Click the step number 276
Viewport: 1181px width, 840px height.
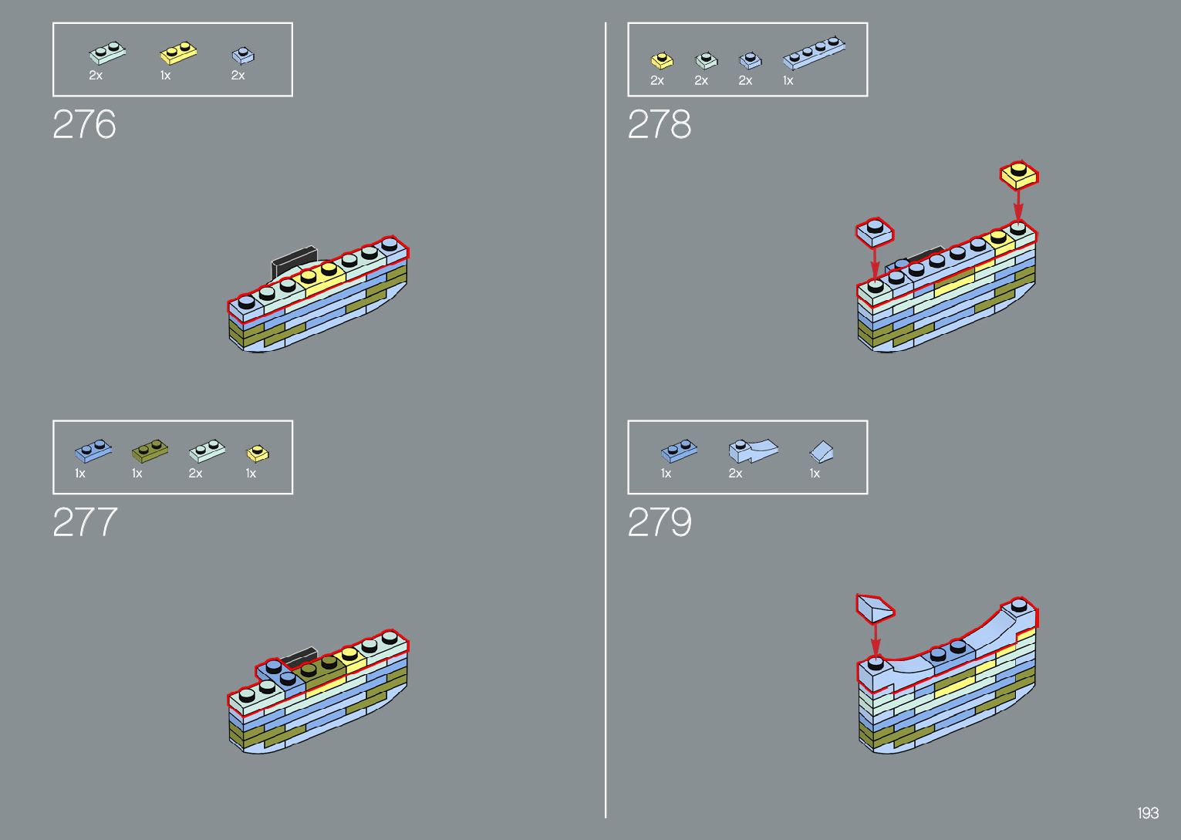84,124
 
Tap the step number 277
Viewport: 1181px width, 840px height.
85,522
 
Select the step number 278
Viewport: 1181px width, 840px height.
660,124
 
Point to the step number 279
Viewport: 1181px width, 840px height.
660,522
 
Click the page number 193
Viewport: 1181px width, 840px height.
1148,813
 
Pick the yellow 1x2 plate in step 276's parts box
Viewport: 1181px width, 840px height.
178,53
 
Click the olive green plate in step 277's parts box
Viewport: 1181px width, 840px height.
150,450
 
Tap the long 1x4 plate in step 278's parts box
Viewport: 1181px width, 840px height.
814,52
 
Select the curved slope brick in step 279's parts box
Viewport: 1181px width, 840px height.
753,450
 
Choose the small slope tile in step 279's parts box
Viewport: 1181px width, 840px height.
822,451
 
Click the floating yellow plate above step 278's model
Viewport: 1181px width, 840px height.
1019,174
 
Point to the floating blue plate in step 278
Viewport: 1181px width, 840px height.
875,231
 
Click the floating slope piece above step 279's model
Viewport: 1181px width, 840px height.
875,608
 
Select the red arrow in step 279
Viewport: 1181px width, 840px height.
876,639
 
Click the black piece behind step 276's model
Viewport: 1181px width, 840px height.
294,258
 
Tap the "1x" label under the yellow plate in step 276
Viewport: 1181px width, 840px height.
165,76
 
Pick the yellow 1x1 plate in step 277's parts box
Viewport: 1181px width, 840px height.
258,453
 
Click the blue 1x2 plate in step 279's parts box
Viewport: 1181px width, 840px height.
680,450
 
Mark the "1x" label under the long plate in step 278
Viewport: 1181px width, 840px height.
788,80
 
